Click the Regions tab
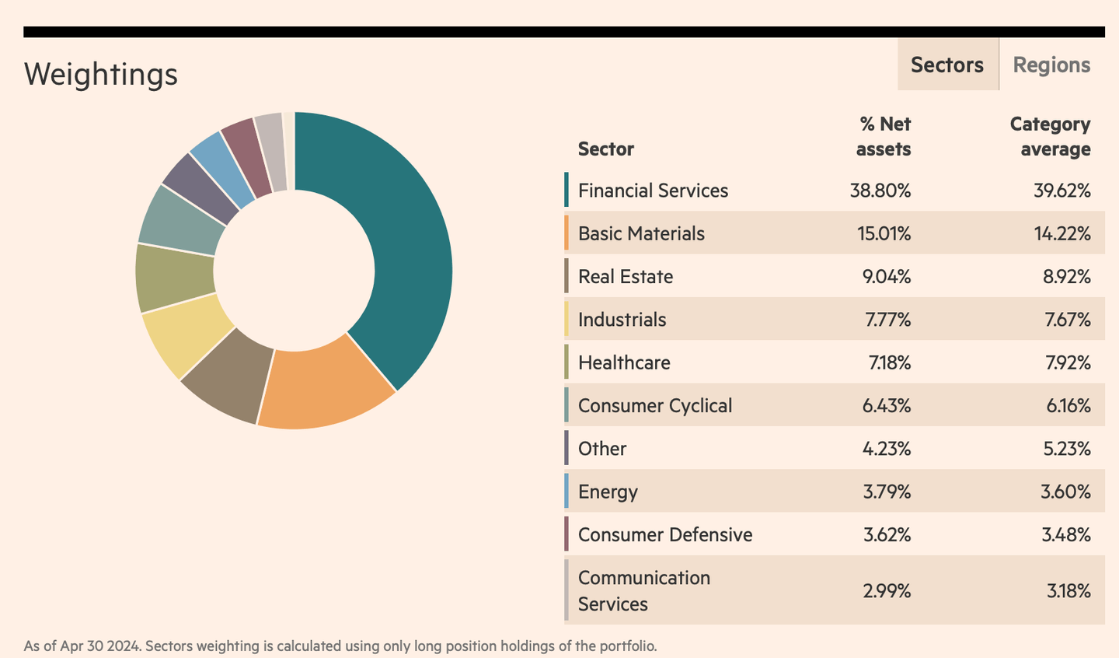pyautogui.click(x=1051, y=65)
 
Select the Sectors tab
pyautogui.click(x=946, y=65)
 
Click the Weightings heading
pyautogui.click(x=101, y=75)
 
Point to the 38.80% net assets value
pyautogui.click(x=880, y=191)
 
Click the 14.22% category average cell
pyautogui.click(x=1061, y=233)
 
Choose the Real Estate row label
pyautogui.click(x=626, y=277)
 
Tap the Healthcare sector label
pyautogui.click(x=624, y=362)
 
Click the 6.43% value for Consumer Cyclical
pyautogui.click(x=886, y=406)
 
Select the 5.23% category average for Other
pyautogui.click(x=1066, y=449)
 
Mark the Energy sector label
pyautogui.click(x=608, y=492)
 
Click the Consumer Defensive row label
pyautogui.click(x=665, y=535)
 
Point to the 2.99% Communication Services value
pyautogui.click(x=886, y=591)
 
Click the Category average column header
pyautogui.click(x=1050, y=136)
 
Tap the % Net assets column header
pyautogui.click(x=884, y=136)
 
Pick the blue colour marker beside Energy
pyautogui.click(x=566, y=492)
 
